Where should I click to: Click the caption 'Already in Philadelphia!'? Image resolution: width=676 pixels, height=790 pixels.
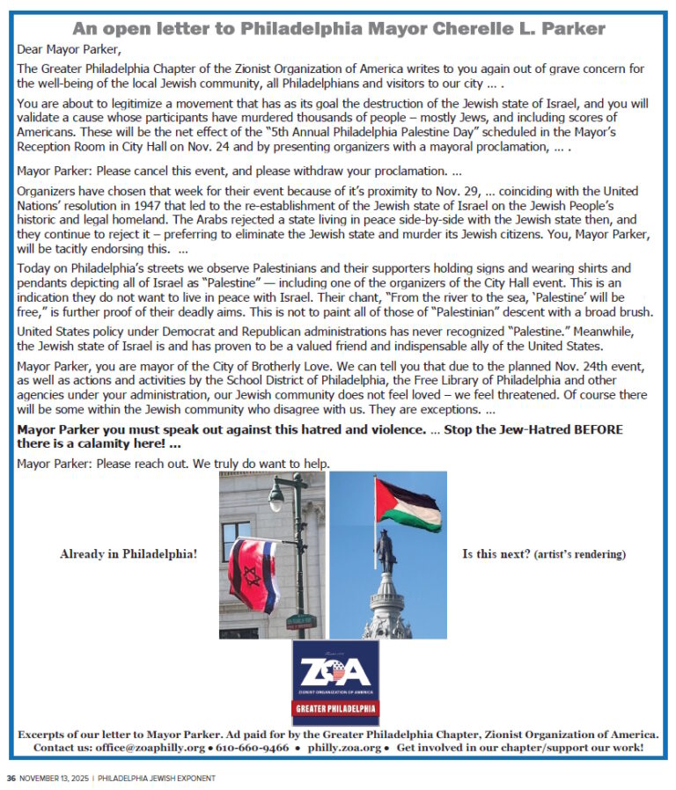point(129,554)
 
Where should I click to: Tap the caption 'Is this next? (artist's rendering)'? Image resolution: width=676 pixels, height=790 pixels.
point(543,554)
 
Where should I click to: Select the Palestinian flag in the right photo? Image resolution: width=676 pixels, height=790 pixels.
point(407,504)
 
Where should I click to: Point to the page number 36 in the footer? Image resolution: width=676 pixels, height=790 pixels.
point(11,778)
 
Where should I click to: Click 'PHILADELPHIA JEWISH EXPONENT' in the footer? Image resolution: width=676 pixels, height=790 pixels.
point(156,778)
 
